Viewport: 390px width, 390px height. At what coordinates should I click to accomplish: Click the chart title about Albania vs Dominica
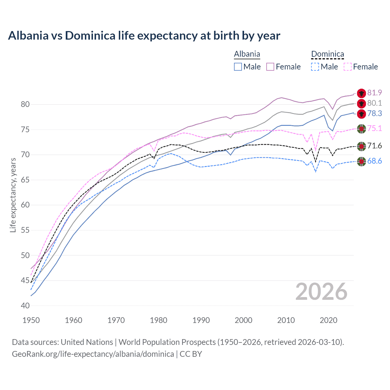pos(144,36)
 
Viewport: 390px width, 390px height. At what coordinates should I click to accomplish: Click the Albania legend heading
pos(247,54)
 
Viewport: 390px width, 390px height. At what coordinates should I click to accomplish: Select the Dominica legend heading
pos(327,54)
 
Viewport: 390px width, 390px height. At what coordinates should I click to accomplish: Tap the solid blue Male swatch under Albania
pos(238,67)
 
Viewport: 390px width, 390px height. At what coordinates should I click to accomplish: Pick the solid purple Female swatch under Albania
pos(270,67)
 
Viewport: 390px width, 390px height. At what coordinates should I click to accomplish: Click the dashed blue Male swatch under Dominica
pos(315,67)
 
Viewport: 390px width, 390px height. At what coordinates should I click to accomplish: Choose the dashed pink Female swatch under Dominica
pos(347,67)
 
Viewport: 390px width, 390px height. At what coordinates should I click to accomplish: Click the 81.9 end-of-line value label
pos(374,93)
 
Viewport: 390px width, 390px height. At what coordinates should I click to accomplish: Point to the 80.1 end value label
pos(374,103)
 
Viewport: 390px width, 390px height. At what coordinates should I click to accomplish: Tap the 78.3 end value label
pos(374,113)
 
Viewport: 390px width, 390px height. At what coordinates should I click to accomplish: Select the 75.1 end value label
pos(374,128)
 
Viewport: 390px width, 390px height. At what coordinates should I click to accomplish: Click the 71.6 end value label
pos(374,146)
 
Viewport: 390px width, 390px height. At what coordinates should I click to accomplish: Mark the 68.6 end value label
pos(374,161)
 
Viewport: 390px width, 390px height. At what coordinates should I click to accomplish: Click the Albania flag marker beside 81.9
pos(361,93)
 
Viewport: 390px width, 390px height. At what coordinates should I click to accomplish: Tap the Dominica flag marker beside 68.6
pos(361,161)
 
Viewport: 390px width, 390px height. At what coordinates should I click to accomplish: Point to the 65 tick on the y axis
pos(25,180)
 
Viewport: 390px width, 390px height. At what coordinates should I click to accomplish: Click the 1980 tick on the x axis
pos(158,320)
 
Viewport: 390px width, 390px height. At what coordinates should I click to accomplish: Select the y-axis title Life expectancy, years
pos(13,195)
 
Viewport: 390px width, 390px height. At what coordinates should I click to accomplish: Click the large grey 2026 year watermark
pos(321,292)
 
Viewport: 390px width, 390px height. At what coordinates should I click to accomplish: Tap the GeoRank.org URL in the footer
pos(93,354)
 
